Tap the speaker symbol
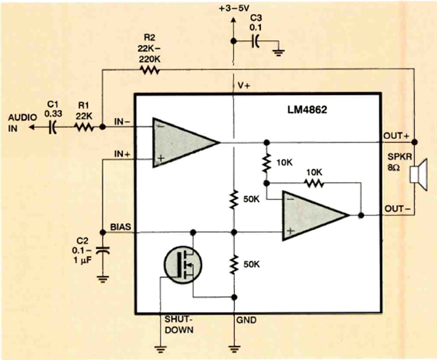421,175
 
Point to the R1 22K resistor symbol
82,126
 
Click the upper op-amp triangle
181,142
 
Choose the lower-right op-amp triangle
311,214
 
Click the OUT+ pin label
395,135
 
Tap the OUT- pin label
395,209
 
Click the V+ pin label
244,87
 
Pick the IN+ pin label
122,154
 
